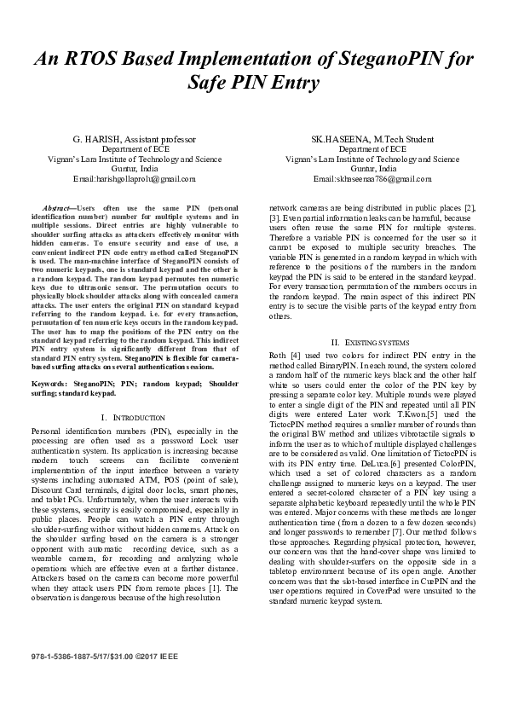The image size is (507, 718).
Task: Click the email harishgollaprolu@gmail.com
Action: tap(134, 179)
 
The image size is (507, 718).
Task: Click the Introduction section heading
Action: tap(135, 417)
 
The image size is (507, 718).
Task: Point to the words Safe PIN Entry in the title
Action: tap(254, 84)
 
